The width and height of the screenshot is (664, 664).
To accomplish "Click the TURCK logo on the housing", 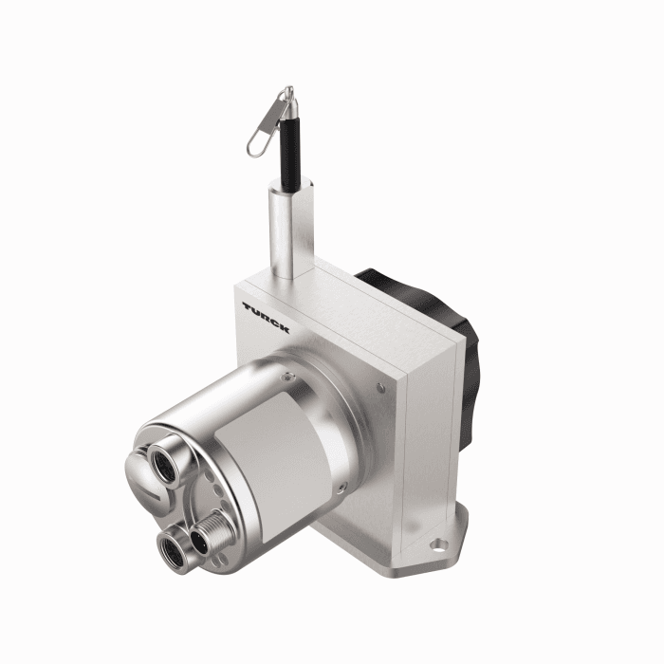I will [266, 317].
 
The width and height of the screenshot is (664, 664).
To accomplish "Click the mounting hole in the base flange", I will [438, 544].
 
